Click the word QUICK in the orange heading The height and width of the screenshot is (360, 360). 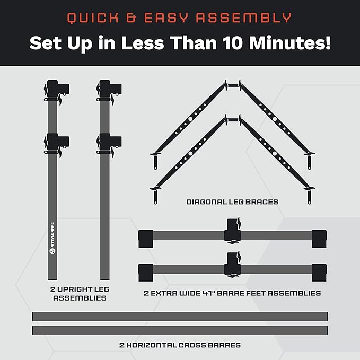pos(93,18)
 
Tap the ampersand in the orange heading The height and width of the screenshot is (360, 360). pos(131,18)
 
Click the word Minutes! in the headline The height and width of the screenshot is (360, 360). pos(289,43)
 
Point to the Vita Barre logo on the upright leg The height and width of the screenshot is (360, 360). pos(52,238)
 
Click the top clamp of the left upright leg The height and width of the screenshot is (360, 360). pos(57,91)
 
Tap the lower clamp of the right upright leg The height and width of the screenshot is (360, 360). pos(109,145)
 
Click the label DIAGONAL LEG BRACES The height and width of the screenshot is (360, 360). pos(232,202)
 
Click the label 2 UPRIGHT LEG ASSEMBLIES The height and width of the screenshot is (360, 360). pos(80,293)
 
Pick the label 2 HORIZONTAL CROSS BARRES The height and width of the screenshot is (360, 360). pos(180,345)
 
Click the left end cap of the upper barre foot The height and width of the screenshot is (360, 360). pos(146,239)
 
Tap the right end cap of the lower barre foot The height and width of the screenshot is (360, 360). pos(319,273)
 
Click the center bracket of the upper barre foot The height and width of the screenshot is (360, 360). pos(233,231)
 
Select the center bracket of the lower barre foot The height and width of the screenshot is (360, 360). pos(233,264)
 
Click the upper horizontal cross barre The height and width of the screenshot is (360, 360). pos(180,317)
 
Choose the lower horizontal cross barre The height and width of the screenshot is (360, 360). pos(180,330)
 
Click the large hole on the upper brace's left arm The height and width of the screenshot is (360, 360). pos(190,119)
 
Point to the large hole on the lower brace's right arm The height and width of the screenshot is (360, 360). pos(275,154)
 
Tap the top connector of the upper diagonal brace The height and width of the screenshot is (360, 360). pos(233,85)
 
